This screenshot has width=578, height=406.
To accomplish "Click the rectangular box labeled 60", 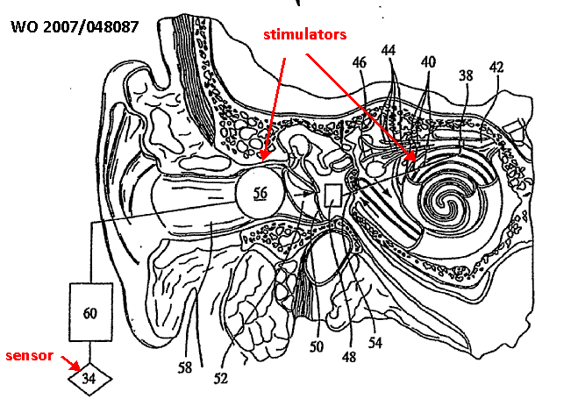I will pyautogui.click(x=91, y=311).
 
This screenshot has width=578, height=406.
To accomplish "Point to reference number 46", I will pyautogui.click(x=359, y=62).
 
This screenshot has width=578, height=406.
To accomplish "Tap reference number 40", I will pyautogui.click(x=427, y=63).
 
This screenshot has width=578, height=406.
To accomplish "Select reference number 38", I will pyautogui.click(x=465, y=76).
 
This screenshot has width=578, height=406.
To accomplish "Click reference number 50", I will pyautogui.click(x=318, y=347).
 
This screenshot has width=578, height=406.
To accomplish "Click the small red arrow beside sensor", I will pyautogui.click(x=67, y=360).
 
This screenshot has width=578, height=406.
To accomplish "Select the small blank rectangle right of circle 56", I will pyautogui.click(x=332, y=195).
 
